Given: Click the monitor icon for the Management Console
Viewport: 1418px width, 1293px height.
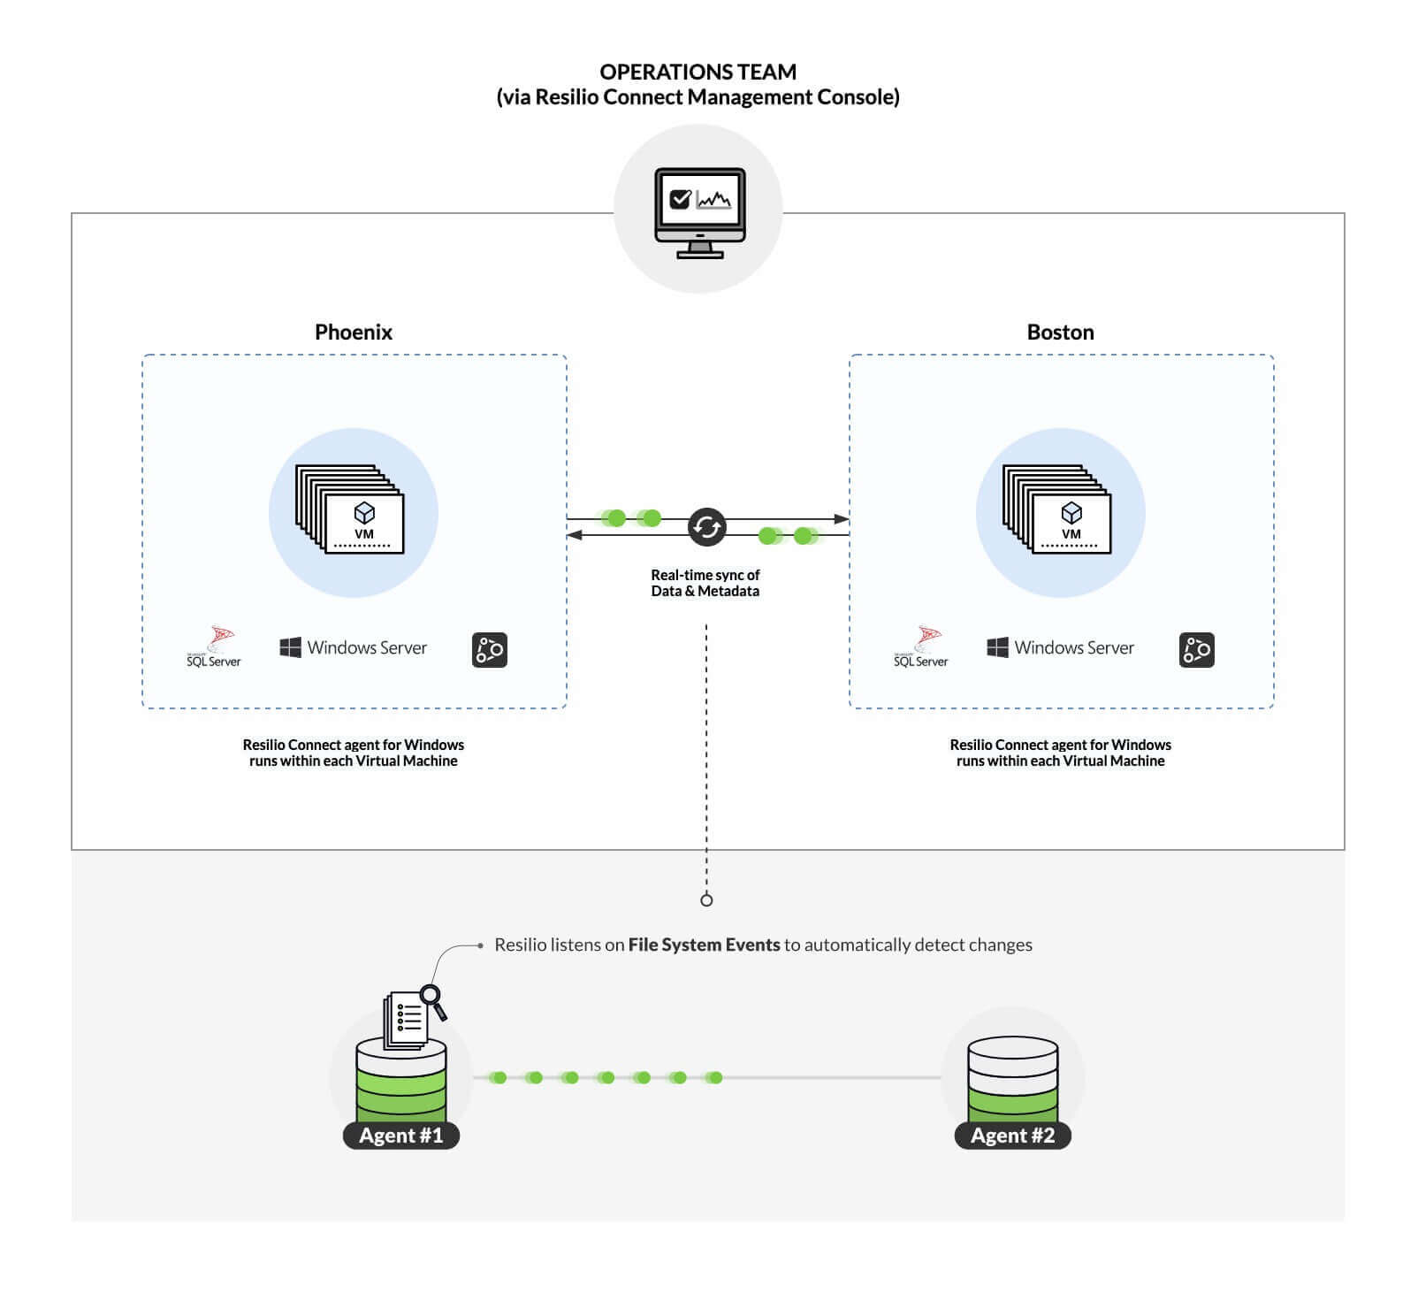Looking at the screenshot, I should pyautogui.click(x=699, y=212).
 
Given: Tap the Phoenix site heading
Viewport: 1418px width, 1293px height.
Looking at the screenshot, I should pyautogui.click(x=353, y=332).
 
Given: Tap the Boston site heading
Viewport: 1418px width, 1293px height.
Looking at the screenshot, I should pyautogui.click(x=1060, y=332).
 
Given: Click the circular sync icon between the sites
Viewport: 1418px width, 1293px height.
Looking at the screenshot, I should pyautogui.click(x=706, y=527).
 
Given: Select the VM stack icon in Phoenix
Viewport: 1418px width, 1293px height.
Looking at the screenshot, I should pyautogui.click(x=350, y=510).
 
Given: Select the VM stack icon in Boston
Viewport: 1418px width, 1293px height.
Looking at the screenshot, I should pyautogui.click(x=1057, y=510).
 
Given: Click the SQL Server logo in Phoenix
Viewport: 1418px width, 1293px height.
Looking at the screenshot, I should pyautogui.click(x=214, y=647).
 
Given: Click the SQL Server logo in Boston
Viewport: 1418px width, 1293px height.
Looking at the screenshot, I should pyautogui.click(x=921, y=647).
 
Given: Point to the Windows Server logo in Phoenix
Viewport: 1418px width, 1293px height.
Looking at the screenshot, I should pyautogui.click(x=353, y=647).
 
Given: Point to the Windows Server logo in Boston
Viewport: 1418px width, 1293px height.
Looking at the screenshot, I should pyautogui.click(x=1060, y=647).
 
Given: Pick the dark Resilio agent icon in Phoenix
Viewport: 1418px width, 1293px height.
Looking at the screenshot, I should pyautogui.click(x=489, y=650).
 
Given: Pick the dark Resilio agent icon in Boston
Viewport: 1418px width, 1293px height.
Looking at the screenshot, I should pyautogui.click(x=1196, y=650).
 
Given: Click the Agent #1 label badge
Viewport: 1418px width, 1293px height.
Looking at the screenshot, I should pyautogui.click(x=400, y=1136).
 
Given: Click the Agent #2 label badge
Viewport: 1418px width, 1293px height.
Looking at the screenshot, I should pyautogui.click(x=1012, y=1136).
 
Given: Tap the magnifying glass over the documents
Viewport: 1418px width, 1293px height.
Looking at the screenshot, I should pyautogui.click(x=433, y=999).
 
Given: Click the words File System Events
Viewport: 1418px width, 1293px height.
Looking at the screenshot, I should pyautogui.click(x=704, y=945).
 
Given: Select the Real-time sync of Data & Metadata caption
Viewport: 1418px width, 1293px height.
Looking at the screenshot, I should pyautogui.click(x=705, y=583).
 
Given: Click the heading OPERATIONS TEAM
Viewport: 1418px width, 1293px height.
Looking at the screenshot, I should pyautogui.click(x=698, y=72).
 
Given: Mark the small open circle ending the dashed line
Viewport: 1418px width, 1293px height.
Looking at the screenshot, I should pyautogui.click(x=706, y=900).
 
